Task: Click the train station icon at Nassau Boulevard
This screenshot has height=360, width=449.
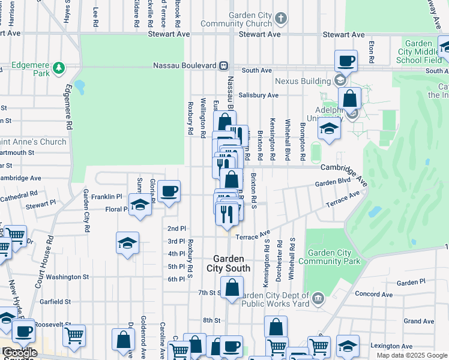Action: click(223, 65)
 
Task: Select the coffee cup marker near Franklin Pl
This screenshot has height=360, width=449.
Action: click(168, 191)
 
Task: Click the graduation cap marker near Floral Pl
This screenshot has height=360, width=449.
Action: click(140, 205)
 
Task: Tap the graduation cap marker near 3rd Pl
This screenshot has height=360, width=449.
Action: click(127, 242)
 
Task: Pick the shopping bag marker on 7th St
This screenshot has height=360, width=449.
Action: click(232, 287)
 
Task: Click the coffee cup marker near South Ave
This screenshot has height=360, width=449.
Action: click(346, 60)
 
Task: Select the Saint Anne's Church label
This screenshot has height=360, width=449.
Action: click(33, 142)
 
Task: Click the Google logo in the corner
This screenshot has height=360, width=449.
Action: click(19, 353)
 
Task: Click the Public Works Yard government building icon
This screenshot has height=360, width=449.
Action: click(318, 296)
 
